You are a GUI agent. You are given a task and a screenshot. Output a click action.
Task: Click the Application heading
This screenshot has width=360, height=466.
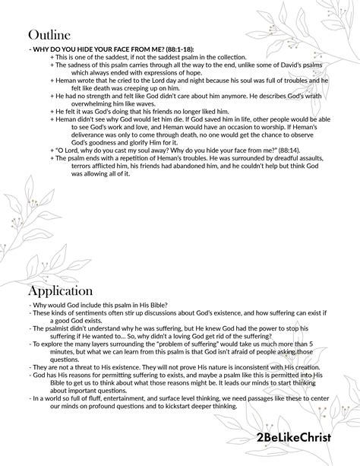click(61, 290)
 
